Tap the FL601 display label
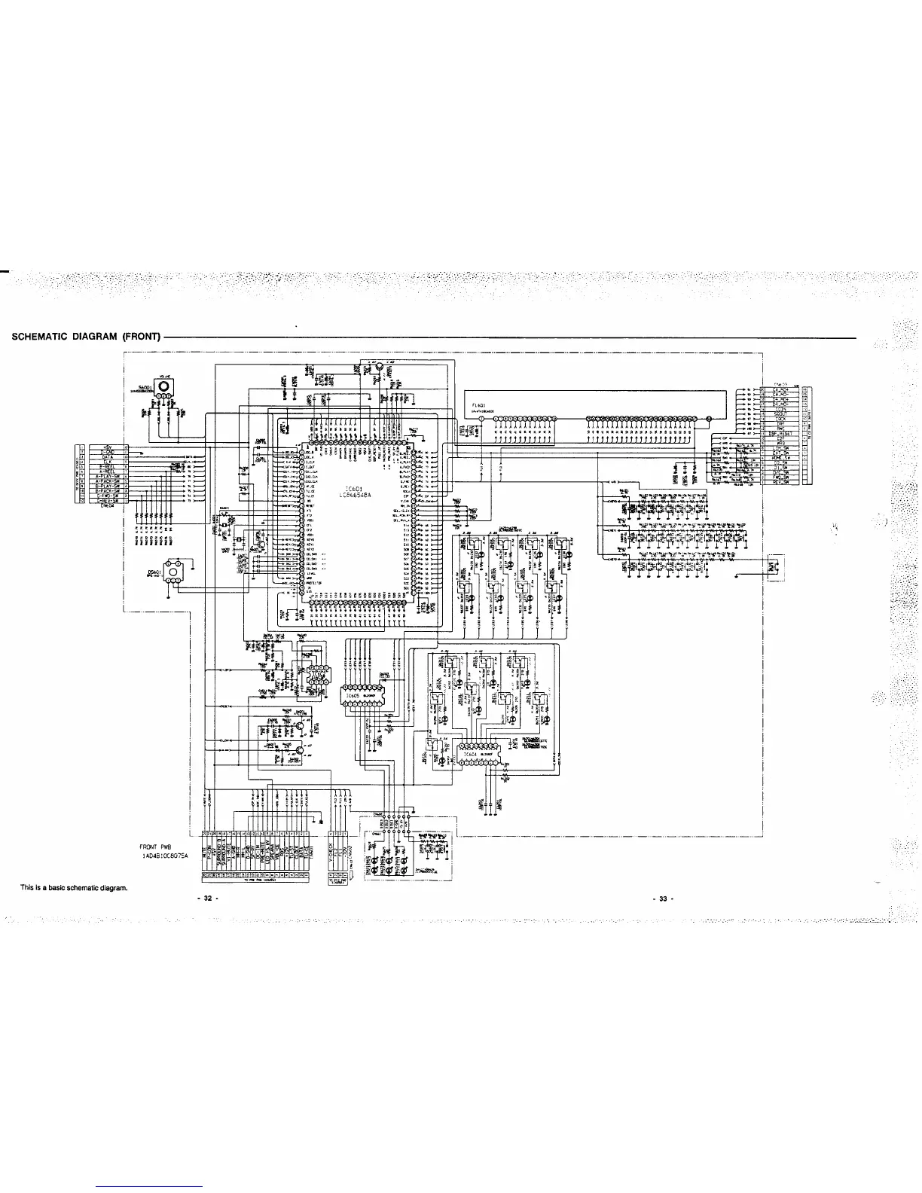click(478, 405)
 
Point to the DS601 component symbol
click(174, 574)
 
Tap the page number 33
click(664, 899)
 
